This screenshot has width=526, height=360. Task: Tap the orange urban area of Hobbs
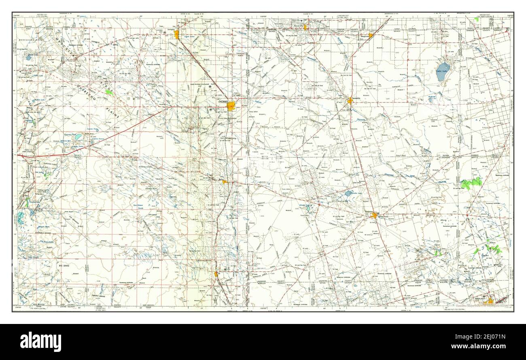click(x=232, y=107)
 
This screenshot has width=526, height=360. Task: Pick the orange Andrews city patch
click(x=375, y=216)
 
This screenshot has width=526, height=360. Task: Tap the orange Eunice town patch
click(x=225, y=182)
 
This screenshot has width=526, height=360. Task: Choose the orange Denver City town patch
click(x=306, y=28)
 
